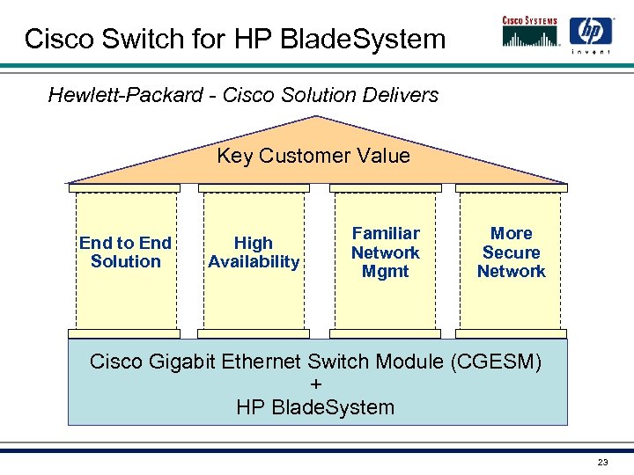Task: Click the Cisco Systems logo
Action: [x=528, y=31]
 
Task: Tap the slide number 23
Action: [x=602, y=463]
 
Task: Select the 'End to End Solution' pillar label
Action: [x=125, y=252]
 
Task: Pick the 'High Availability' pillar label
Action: [x=254, y=252]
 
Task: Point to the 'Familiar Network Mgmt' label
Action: [x=386, y=252]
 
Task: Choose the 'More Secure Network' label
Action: [x=511, y=252]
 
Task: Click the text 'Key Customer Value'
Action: [x=313, y=157]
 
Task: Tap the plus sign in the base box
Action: [x=317, y=384]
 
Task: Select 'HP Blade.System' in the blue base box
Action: [x=315, y=407]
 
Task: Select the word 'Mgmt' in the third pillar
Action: [x=386, y=272]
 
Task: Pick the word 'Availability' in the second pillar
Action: [x=254, y=262]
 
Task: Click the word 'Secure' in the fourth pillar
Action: [x=511, y=252]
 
